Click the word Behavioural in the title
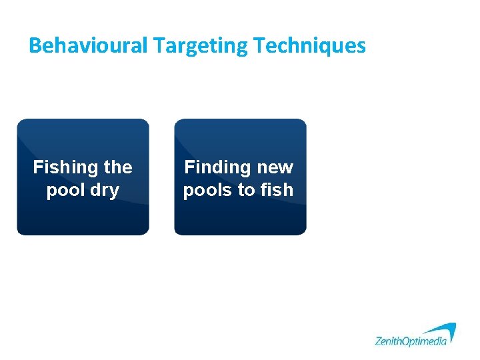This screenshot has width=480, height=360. [x=89, y=45]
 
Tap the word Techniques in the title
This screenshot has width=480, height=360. [x=310, y=45]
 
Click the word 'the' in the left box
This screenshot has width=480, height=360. [x=117, y=167]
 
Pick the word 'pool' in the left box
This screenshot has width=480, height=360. [x=64, y=190]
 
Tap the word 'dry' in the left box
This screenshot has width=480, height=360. [x=104, y=190]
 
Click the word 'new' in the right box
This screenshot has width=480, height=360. [x=274, y=167]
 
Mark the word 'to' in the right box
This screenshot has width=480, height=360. [x=247, y=190]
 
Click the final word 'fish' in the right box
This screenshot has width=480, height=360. [x=277, y=190]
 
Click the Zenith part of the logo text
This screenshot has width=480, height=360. [x=388, y=341]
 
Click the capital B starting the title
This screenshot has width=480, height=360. [x=35, y=45]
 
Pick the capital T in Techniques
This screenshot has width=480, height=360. [x=259, y=45]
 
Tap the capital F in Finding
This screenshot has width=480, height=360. [x=189, y=167]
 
